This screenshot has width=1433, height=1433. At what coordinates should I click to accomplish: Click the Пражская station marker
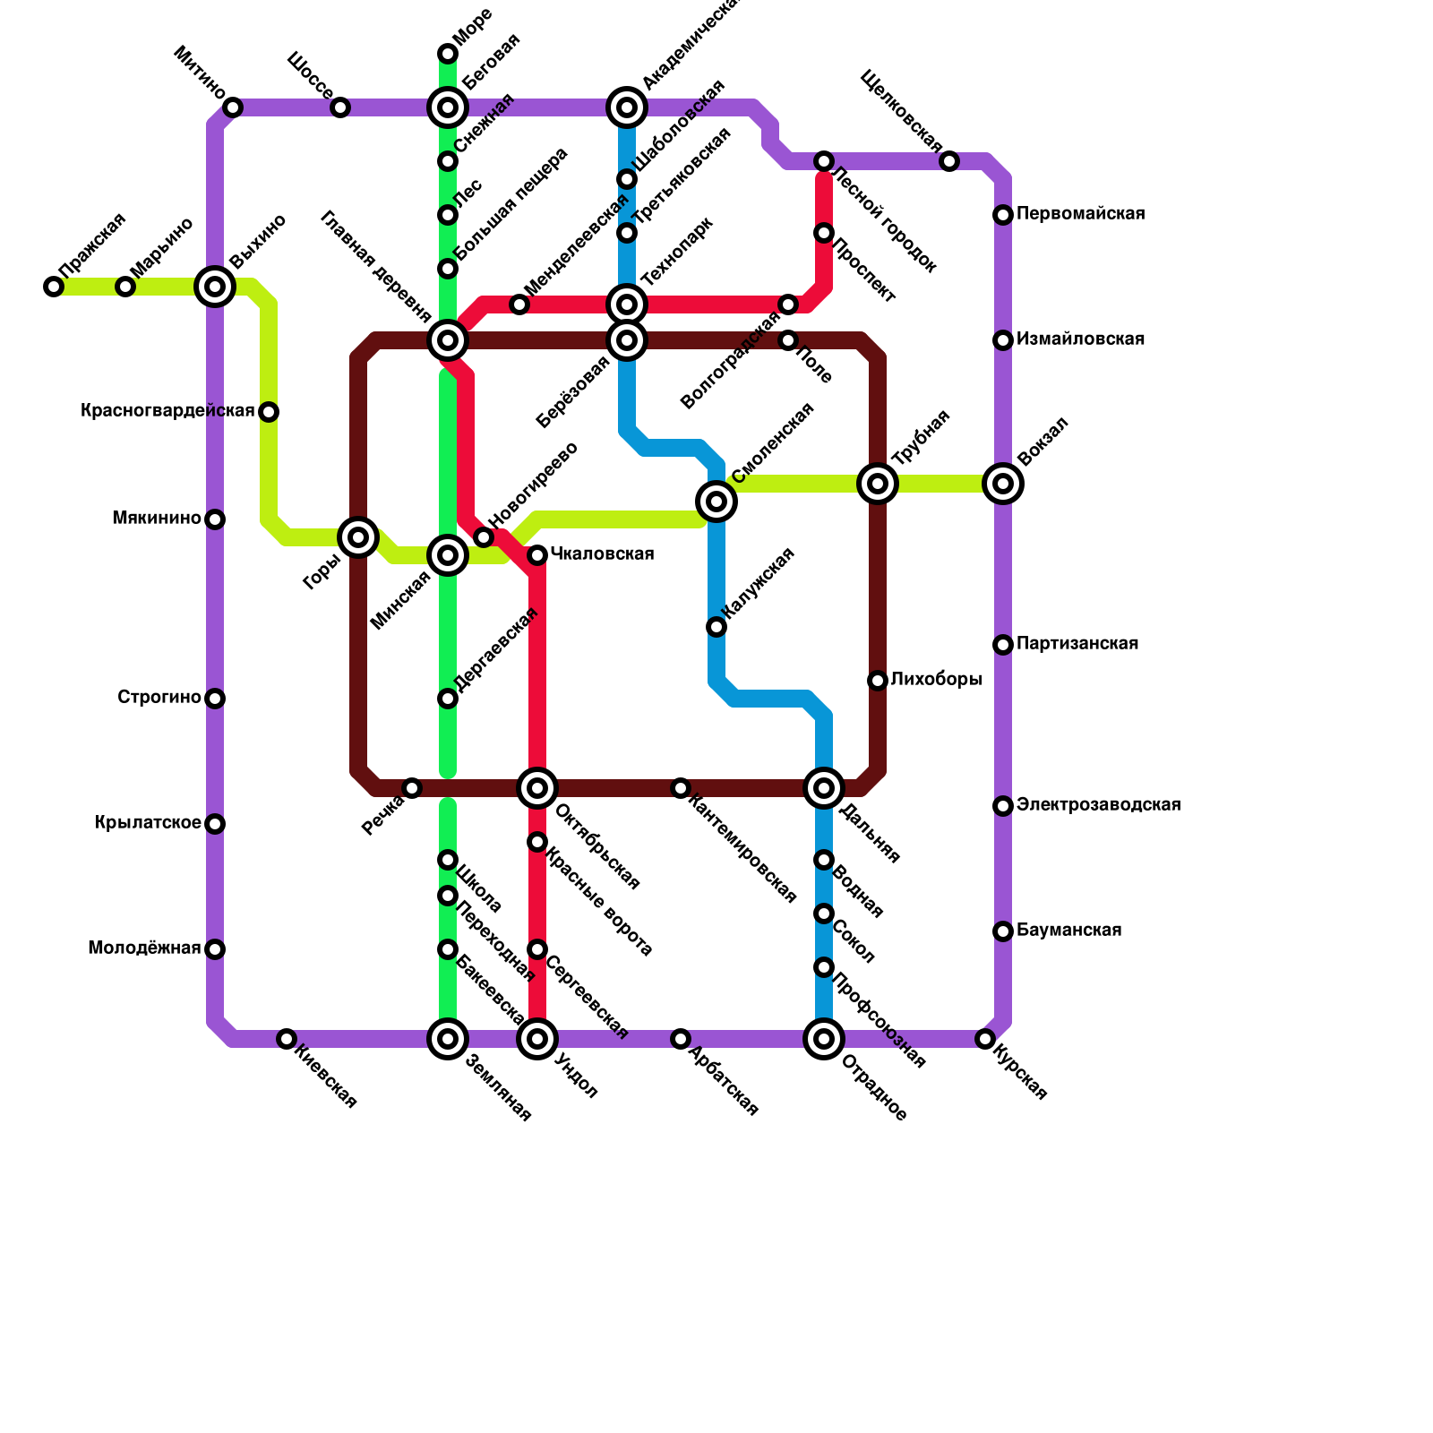54,287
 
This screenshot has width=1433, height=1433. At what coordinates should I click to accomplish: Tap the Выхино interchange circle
215,287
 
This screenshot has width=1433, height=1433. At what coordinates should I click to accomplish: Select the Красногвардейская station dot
269,412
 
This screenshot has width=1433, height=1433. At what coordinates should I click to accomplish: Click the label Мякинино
157,519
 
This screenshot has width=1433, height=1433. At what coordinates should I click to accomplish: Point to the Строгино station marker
215,699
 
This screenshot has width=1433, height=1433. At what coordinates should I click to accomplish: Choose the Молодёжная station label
144,948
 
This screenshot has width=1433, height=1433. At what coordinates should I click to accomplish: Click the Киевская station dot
287,1039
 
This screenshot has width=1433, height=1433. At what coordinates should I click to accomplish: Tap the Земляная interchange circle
448,1039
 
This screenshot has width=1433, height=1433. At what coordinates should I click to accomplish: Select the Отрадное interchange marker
824,1039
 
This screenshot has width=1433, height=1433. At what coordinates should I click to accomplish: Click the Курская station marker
985,1039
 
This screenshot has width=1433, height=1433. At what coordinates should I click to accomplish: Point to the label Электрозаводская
1098,805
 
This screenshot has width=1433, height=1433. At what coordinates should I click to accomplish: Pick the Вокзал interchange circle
1003,484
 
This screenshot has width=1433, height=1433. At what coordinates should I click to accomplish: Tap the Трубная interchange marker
878,484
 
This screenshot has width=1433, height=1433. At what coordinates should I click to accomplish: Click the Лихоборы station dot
878,681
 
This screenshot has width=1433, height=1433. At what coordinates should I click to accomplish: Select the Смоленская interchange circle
716,502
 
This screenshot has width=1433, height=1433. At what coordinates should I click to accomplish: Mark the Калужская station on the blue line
716,627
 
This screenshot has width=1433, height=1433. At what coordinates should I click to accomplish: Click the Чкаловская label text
602,554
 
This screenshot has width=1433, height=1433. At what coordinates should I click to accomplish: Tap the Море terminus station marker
448,55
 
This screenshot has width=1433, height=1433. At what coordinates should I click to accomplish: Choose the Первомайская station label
1080,214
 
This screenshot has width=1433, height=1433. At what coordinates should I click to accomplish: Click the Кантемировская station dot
681,788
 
